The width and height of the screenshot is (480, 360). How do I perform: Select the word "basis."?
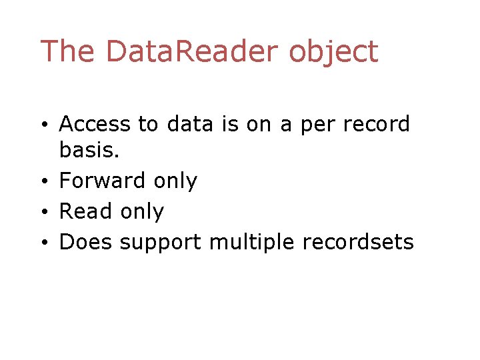pyautogui.click(x=89, y=151)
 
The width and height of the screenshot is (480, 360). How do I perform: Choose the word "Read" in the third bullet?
pyautogui.click(x=86, y=211)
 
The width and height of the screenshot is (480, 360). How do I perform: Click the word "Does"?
pyautogui.click(x=86, y=241)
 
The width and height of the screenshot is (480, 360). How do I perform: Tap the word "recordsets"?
pyautogui.click(x=358, y=241)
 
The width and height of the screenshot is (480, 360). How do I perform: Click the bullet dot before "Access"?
pyautogui.click(x=43, y=125)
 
